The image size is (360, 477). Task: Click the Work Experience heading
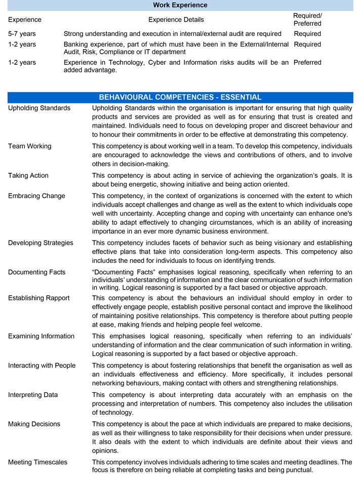click(180, 5)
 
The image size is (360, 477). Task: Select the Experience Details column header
click(176, 20)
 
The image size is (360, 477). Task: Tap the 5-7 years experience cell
click(22, 34)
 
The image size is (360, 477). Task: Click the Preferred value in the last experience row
click(307, 62)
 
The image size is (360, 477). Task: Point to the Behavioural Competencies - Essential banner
click(180, 97)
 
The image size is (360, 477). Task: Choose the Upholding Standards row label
click(39, 108)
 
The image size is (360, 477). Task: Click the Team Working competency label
click(29, 146)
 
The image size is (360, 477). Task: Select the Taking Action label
click(28, 176)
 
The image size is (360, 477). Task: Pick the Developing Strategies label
click(41, 243)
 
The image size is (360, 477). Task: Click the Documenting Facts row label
click(36, 272)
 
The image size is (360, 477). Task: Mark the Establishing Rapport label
click(39, 298)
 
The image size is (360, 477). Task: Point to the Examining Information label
click(41, 336)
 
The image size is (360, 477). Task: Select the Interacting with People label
click(42, 366)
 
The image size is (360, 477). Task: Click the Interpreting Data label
click(33, 395)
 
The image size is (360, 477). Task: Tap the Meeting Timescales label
click(37, 462)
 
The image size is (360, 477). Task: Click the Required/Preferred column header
click(307, 20)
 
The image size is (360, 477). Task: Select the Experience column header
click(25, 20)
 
